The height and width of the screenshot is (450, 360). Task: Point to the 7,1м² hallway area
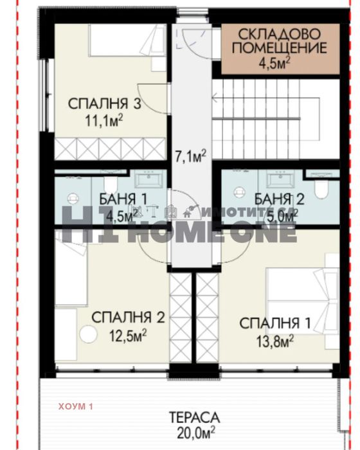pyautogui.click(x=190, y=155)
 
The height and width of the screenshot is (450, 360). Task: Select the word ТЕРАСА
pyautogui.click(x=192, y=417)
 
